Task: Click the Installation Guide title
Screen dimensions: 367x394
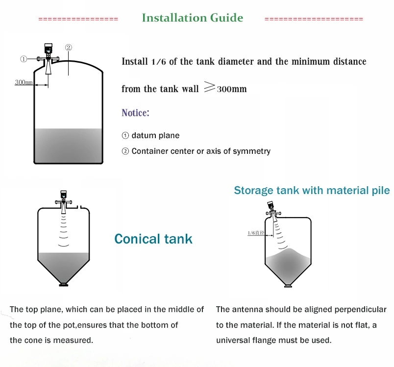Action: [x=192, y=18]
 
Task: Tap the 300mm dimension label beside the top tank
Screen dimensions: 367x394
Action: [x=24, y=82]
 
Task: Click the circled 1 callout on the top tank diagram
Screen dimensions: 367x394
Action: [x=23, y=59]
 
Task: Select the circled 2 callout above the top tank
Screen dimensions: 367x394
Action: [x=69, y=48]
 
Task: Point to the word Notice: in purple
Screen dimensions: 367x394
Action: [x=135, y=113]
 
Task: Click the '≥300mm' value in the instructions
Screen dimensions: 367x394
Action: [x=225, y=89]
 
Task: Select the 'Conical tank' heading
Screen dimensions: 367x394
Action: [x=153, y=239]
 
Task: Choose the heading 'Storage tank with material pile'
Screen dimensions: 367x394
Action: [x=312, y=190]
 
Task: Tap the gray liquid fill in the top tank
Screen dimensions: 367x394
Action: [x=68, y=145]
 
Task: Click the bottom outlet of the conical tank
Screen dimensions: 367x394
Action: [x=63, y=284]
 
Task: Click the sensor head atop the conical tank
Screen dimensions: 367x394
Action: [x=63, y=195]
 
